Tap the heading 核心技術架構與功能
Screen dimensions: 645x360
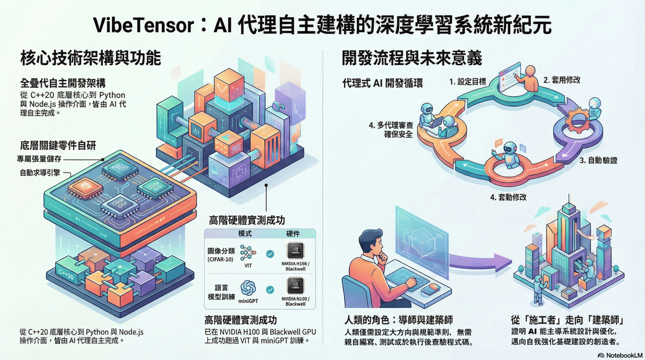pos(91,59)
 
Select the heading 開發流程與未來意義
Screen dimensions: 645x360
pos(412,59)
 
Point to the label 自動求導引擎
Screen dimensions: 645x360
pos(40,172)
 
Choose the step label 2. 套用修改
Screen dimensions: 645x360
pos(562,80)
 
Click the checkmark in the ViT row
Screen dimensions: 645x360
pos(270,254)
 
